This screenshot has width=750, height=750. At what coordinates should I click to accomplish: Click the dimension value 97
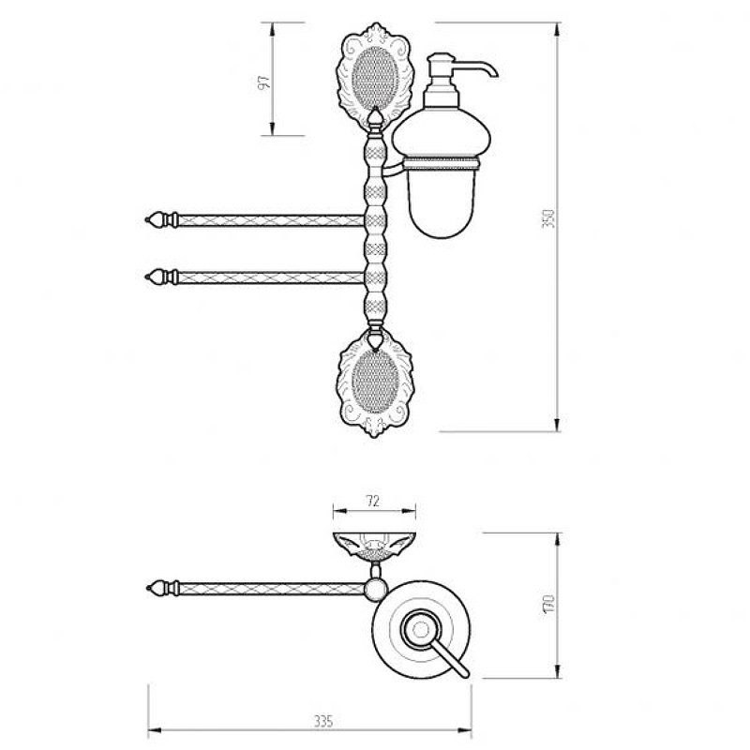pos(264,82)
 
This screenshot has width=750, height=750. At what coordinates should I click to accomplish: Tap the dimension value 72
pos(372,501)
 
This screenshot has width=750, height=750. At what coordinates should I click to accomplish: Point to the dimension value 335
pos(323,721)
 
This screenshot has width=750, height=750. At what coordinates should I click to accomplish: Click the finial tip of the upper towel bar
pos(146,220)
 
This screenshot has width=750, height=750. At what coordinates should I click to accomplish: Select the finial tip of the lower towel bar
pos(146,277)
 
